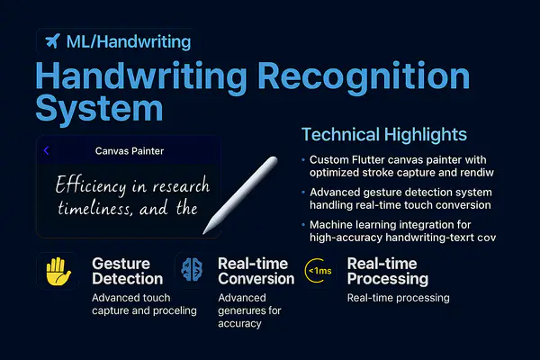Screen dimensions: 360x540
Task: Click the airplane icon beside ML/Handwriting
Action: point(52,41)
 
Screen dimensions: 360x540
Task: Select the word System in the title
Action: point(99,110)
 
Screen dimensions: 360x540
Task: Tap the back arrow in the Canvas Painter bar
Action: point(46,151)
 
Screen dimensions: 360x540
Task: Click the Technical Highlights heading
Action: point(383,135)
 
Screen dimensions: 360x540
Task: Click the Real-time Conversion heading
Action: point(256,272)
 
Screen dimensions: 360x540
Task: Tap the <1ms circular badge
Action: point(319,271)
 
